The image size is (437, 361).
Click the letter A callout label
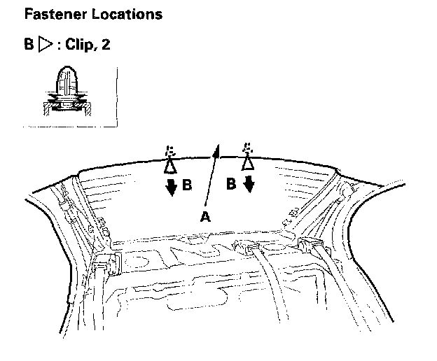pos(204,218)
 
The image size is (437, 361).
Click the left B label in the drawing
pos(186,186)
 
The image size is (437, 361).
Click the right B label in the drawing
pos(231,185)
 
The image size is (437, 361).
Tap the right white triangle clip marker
pos(247,163)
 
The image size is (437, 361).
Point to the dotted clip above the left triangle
pos(169,151)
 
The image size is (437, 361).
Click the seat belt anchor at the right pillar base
pos(310,245)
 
